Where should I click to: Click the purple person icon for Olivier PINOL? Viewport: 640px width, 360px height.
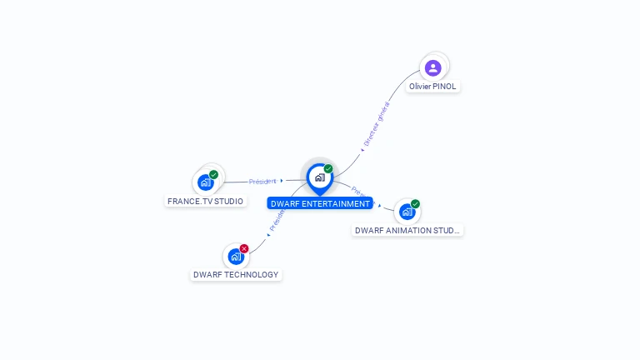432,67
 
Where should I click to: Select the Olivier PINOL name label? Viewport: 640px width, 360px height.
433,87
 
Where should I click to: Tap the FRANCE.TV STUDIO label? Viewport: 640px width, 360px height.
206,201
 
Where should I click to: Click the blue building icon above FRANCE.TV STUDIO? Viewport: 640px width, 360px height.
205,182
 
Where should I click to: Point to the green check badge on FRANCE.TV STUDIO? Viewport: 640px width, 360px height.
214,175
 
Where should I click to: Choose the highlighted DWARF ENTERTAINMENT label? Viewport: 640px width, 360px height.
320,203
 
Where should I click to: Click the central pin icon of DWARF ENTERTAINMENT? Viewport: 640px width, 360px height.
319,177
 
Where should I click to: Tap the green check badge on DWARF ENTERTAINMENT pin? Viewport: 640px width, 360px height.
328,169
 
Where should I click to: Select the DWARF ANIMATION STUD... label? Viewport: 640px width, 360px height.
407,230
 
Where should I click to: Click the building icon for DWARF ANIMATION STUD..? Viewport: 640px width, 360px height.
407,212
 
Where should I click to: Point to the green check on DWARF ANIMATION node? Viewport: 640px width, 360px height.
415,204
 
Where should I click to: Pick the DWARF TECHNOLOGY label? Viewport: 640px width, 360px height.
236,274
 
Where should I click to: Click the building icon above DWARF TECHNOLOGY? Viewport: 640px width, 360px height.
236,257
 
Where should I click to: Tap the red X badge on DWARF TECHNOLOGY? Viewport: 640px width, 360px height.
244,248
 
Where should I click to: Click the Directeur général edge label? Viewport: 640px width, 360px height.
377,123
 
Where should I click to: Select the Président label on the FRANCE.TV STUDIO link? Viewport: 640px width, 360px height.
262,181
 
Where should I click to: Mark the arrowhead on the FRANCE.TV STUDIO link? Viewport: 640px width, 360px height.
282,180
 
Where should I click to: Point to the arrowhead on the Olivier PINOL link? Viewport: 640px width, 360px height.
362,150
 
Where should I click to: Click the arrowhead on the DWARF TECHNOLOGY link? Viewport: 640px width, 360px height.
268,234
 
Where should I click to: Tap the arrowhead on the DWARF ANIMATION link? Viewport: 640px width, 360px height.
380,205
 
